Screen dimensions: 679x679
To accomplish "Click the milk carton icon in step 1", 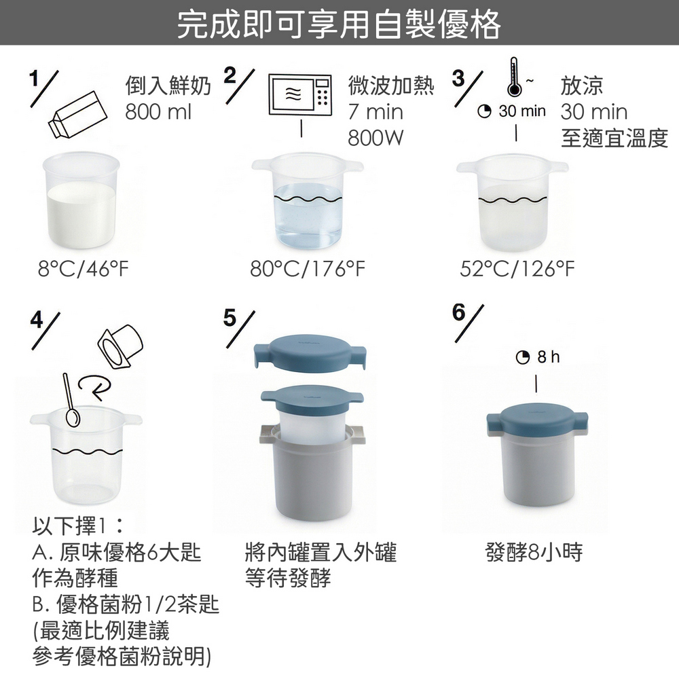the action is coord(77,115).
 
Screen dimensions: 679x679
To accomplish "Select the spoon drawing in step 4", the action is coord(71,400).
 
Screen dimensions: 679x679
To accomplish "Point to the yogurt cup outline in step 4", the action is coord(120,346).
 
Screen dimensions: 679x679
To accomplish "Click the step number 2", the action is coord(230,75).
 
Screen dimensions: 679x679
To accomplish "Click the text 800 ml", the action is coord(158,112).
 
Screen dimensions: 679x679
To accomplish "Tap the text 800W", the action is coord(375,138).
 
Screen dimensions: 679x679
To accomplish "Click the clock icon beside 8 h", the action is coord(523,357).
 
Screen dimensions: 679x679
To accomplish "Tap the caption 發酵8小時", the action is coord(534,552).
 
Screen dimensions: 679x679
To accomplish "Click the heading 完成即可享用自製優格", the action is coord(339,24).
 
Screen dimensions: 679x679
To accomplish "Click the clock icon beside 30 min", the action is coord(484,111).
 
